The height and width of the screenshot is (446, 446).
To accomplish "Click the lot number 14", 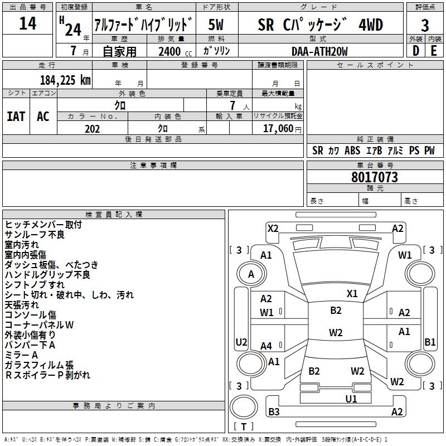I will click(28, 24).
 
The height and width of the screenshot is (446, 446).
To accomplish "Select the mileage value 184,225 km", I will click(65, 80).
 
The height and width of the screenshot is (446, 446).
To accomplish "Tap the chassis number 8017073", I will click(375, 178).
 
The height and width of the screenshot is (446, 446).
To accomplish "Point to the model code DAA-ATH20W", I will click(319, 51).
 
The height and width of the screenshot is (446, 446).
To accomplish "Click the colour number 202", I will click(92, 129).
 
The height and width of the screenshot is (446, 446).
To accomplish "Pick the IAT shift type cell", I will click(16, 116).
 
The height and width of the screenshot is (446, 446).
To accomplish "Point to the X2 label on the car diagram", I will click(273, 228).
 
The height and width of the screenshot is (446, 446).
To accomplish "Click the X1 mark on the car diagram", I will click(352, 293).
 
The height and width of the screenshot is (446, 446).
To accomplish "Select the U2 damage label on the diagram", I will click(241, 342).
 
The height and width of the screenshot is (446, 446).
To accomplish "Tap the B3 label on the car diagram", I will click(274, 412).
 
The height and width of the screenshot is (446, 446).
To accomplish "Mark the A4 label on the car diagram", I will click(266, 346).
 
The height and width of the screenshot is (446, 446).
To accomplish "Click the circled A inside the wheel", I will click(251, 274).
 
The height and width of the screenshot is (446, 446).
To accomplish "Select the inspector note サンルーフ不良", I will click(35, 234).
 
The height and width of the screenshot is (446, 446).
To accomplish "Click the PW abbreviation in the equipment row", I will click(429, 151).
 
